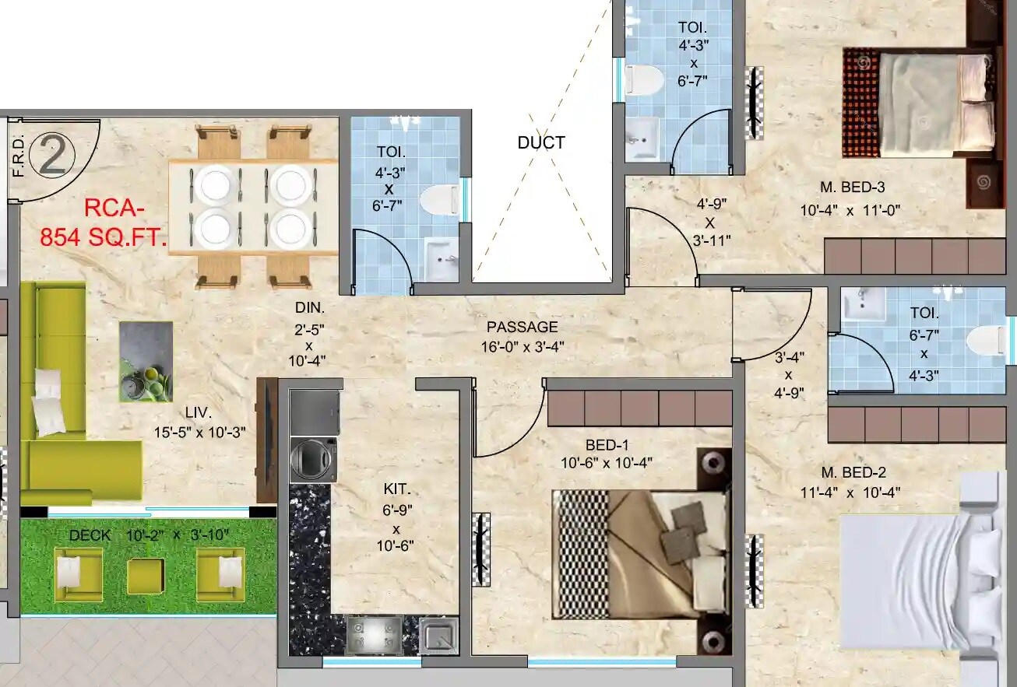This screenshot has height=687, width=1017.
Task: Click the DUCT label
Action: [540, 143]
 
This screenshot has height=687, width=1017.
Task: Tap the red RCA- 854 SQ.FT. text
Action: [104, 223]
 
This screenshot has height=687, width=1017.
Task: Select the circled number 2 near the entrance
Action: [52, 155]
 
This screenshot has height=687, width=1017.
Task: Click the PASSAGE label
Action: [522, 327]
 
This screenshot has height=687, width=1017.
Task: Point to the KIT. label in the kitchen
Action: [396, 489]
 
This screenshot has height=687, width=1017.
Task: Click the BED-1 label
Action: [607, 445]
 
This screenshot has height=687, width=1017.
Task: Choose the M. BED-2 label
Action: [853, 472]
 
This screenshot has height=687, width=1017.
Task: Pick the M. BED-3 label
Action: [852, 187]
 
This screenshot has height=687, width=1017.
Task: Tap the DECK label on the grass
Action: [90, 535]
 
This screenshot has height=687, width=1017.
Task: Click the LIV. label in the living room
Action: [199, 412]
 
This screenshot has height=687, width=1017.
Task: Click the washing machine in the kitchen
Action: [313, 460]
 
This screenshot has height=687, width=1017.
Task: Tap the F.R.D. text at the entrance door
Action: [18, 156]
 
